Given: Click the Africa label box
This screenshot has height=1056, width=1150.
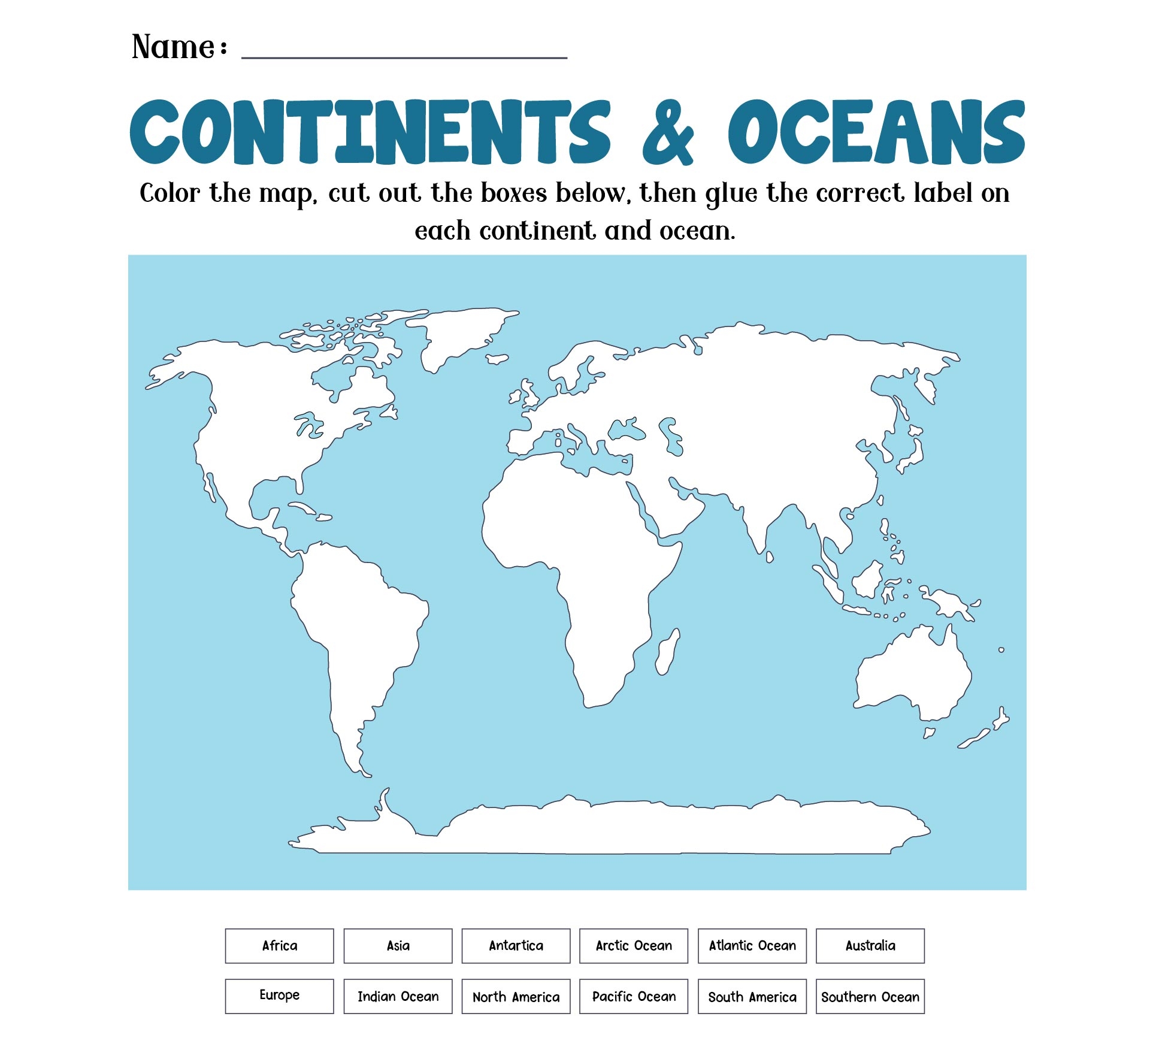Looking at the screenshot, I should [279, 946].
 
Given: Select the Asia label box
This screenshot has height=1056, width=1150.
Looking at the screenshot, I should [398, 946].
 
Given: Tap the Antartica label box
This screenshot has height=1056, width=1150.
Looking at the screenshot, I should [516, 946].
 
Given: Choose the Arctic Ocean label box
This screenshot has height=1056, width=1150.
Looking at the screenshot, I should [634, 946].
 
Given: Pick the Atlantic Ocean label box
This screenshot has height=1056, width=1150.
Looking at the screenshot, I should [752, 946].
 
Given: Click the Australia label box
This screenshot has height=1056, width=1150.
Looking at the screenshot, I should [870, 946].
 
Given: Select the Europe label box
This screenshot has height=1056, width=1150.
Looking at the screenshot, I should [279, 996].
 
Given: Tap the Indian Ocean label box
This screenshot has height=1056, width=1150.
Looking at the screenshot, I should [398, 996].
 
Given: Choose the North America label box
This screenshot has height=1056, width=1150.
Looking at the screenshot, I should [516, 996].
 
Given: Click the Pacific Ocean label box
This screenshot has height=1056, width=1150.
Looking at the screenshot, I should [634, 996].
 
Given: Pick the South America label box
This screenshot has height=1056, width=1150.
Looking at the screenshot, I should [752, 996].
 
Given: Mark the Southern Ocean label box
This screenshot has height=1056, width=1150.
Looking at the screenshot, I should [870, 996].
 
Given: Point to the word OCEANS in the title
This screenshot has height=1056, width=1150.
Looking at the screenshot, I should [876, 132].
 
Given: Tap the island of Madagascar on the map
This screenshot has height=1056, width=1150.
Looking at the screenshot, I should [667, 652].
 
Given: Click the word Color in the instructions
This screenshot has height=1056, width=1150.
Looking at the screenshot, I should [170, 193].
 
